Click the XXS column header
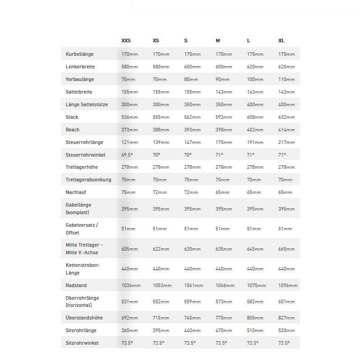(126, 40)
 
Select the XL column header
(281, 40)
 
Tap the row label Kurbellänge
(80, 54)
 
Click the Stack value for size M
(224, 117)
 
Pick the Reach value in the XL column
(287, 130)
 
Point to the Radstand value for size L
(256, 285)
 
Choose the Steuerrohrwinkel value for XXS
(128, 155)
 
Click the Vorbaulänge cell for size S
(192, 79)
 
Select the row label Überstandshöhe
(84, 318)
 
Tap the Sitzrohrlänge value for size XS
(161, 330)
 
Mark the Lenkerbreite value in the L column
(255, 67)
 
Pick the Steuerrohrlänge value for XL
(287, 142)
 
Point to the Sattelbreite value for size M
(224, 92)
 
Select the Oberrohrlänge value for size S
(192, 301)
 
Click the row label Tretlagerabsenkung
(88, 180)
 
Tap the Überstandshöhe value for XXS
(130, 318)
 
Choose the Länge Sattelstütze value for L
(255, 104)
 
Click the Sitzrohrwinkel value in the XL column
(284, 343)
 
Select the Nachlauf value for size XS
(160, 193)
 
